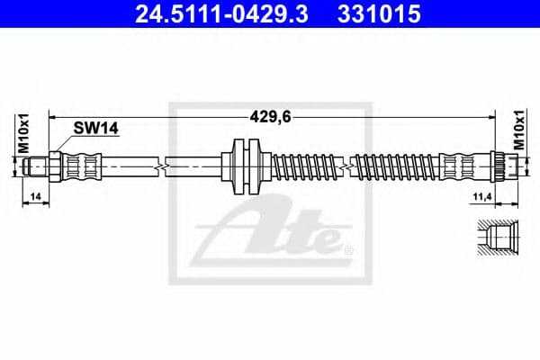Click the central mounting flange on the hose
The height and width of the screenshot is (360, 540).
(x=244, y=166)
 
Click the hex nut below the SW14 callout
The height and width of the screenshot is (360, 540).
(x=55, y=166)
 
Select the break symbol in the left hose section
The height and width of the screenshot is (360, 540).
(x=161, y=166)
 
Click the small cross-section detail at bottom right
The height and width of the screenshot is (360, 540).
(x=494, y=240)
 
